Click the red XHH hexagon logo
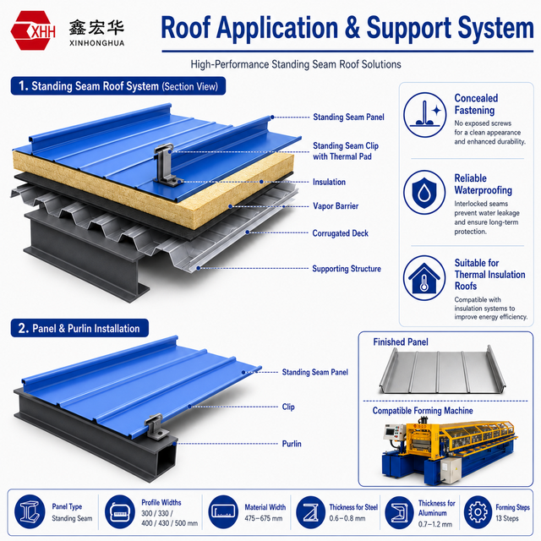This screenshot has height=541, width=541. click(33, 30)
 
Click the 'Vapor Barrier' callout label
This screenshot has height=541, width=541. click(336, 206)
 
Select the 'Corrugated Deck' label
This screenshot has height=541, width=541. click(340, 233)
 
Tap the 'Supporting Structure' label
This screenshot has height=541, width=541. click(347, 269)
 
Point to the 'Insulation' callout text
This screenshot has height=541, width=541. click(329, 182)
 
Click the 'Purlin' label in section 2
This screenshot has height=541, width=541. click(292, 443)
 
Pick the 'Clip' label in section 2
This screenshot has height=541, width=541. click(288, 407)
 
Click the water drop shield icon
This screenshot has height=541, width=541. click(424, 192)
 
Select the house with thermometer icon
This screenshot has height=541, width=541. click(424, 278)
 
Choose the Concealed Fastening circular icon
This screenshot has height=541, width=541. click(424, 115)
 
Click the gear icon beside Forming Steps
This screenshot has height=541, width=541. click(478, 512)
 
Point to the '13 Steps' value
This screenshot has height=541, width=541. click(507, 518)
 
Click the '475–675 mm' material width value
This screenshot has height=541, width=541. click(263, 518)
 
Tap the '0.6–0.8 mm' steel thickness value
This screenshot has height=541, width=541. click(347, 518)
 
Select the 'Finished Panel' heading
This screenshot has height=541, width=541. click(400, 342)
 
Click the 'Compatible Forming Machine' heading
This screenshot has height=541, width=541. click(423, 411)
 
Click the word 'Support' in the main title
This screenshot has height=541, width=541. click(409, 28)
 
